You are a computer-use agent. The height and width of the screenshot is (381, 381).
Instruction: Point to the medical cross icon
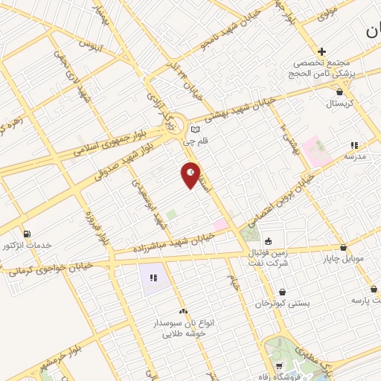(x=321, y=51)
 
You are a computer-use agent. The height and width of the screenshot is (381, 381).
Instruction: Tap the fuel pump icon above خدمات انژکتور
(x=28, y=233)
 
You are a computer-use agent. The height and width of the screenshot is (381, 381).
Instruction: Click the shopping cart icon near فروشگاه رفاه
(x=279, y=365)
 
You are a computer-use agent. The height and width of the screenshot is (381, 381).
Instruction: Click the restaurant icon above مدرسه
(x=355, y=146)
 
